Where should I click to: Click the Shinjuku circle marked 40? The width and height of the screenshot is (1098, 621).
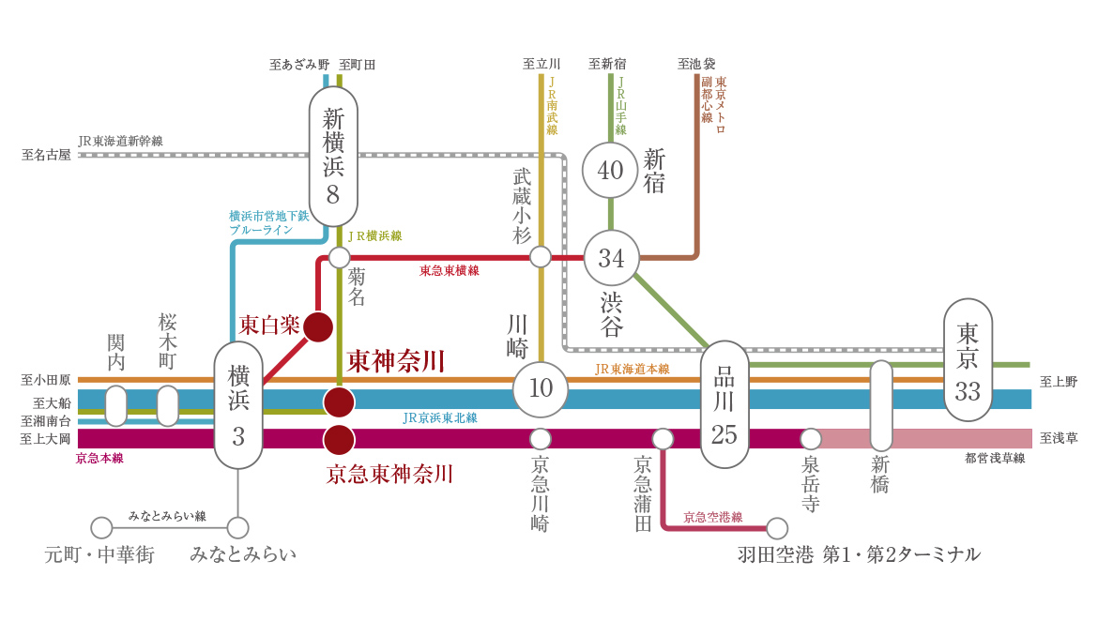tap(610, 171)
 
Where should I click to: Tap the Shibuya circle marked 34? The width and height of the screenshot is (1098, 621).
tap(611, 258)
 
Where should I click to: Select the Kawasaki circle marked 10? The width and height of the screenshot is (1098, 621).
tap(541, 388)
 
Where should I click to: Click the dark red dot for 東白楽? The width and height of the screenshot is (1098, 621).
tap(318, 326)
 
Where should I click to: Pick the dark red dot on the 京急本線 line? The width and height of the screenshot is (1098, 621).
tap(339, 439)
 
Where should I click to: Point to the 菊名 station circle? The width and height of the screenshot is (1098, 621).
tap(339, 257)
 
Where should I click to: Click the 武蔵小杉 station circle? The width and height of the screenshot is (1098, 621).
tap(541, 257)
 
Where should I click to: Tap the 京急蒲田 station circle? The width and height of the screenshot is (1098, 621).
tap(663, 439)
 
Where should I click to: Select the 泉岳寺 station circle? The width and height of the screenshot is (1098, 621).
tap(811, 439)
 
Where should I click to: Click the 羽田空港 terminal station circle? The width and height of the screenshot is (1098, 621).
tap(777, 528)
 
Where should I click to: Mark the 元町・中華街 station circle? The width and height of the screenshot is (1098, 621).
tap(101, 528)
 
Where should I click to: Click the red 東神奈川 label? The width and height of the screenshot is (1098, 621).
tap(395, 362)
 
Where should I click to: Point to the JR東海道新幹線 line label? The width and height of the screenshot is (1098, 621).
tap(120, 142)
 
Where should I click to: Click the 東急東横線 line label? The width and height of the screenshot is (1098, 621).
tap(449, 271)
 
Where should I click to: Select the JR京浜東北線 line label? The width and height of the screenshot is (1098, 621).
tap(439, 417)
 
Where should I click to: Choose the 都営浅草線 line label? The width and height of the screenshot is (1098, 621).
tap(995, 459)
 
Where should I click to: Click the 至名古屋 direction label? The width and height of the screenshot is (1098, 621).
tap(46, 155)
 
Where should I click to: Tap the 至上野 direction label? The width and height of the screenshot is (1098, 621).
tap(1059, 382)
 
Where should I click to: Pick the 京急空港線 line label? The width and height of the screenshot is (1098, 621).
tap(712, 517)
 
